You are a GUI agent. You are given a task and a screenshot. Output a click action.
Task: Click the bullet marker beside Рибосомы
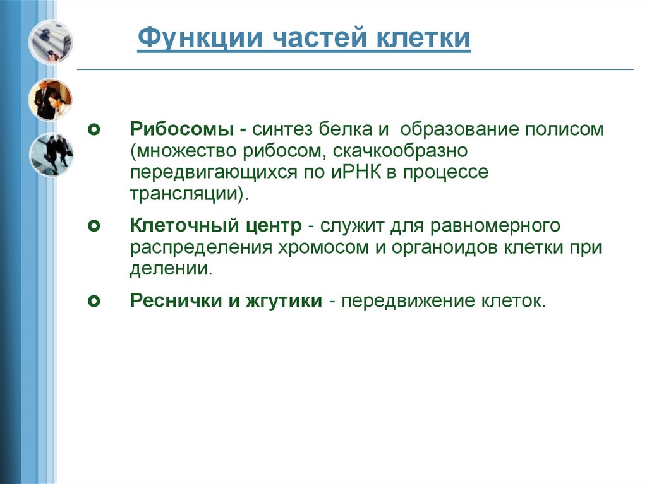[x=94, y=131]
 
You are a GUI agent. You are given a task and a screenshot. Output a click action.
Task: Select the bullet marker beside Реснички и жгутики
[x=94, y=301]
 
